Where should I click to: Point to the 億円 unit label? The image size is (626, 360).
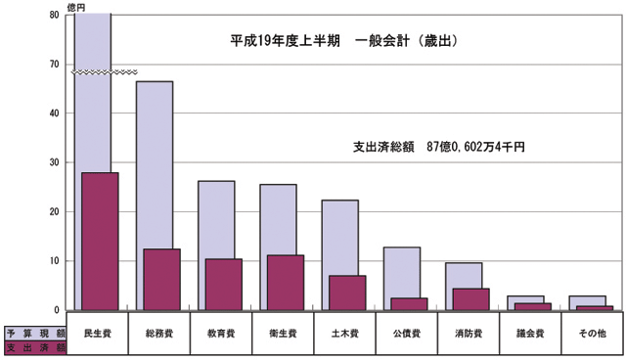tap(76, 7)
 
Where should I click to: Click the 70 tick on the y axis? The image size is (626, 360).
tap(53, 65)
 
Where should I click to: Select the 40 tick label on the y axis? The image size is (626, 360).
tap(53, 113)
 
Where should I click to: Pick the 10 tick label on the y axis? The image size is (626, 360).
tap(53, 261)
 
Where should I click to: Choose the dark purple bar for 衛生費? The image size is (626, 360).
tap(285, 283)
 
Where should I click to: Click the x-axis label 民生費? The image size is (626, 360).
tap(99, 334)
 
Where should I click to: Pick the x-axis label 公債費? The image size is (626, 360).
tap(406, 334)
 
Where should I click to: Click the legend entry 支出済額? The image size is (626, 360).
tap(35, 346)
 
